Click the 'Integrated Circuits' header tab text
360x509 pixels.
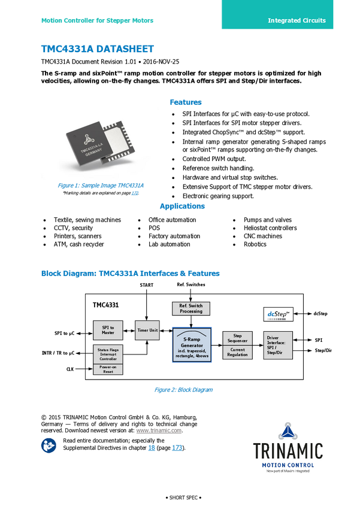pyautogui.click(x=297, y=20)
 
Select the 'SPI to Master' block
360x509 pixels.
pyautogui.click(x=108, y=330)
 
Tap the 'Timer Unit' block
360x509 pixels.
pyautogui.click(x=147, y=330)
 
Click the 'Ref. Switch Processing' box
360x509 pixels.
pyautogui.click(x=191, y=308)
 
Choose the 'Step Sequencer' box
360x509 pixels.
pyautogui.click(x=237, y=338)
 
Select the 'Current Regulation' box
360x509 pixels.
pyautogui.click(x=237, y=353)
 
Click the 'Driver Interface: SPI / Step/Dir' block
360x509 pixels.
pyautogui.click(x=278, y=346)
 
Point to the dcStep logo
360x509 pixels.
pyautogui.click(x=278, y=314)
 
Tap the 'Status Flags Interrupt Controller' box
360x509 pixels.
pyautogui.click(x=108, y=354)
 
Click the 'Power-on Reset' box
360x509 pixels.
pyautogui.click(x=108, y=369)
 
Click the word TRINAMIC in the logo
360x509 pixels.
pyautogui.click(x=288, y=450)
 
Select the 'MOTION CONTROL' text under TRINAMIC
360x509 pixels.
pyautogui.click(x=288, y=465)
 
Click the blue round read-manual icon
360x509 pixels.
pyautogui.click(x=49, y=445)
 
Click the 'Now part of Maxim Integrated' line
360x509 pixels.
pyautogui.click(x=288, y=471)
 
